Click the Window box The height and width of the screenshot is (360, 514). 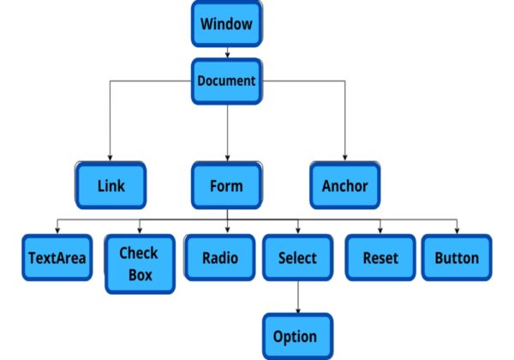[226, 23]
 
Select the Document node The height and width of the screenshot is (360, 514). [226, 81]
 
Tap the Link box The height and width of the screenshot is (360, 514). [111, 185]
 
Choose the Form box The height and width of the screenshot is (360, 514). [226, 185]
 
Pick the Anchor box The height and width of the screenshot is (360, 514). [344, 185]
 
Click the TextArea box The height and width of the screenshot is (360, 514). [57, 258]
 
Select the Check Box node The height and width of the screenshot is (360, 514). [139, 262]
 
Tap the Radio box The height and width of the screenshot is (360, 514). [219, 258]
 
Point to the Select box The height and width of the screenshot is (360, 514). [297, 258]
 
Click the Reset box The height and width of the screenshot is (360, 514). [380, 258]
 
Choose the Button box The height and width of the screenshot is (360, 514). [457, 258]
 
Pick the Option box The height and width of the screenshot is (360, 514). [296, 336]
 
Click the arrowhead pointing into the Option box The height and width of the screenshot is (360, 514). [297, 310]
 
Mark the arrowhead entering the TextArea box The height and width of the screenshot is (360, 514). [57, 231]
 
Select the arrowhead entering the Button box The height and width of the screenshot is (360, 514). [457, 231]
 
